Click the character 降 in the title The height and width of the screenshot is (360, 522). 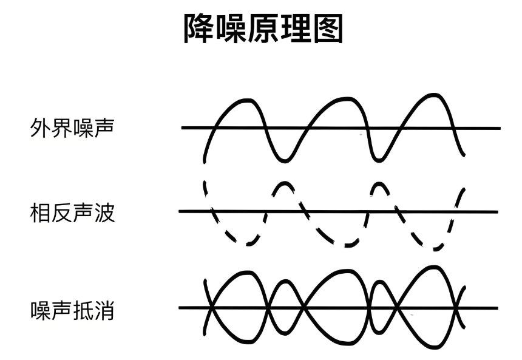point(200,29)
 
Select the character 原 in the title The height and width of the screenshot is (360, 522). point(263,29)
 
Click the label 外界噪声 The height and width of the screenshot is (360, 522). point(72,127)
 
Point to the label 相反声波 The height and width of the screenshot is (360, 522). point(72,213)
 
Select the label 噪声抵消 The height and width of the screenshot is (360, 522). point(72,310)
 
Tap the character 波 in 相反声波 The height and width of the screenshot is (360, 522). point(104,213)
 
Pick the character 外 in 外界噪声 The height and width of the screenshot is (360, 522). point(40,127)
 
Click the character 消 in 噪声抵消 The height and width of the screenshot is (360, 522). point(104,310)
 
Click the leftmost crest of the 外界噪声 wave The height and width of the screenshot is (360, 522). point(246,100)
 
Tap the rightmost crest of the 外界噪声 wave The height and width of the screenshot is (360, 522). point(433,95)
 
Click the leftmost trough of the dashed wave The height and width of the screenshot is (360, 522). point(248,244)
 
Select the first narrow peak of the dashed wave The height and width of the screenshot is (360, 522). point(284,183)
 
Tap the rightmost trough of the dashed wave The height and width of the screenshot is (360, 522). point(435,249)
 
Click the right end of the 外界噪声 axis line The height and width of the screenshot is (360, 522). point(500,128)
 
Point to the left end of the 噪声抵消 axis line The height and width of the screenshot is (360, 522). point(180,308)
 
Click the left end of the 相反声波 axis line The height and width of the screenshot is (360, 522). point(180,211)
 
